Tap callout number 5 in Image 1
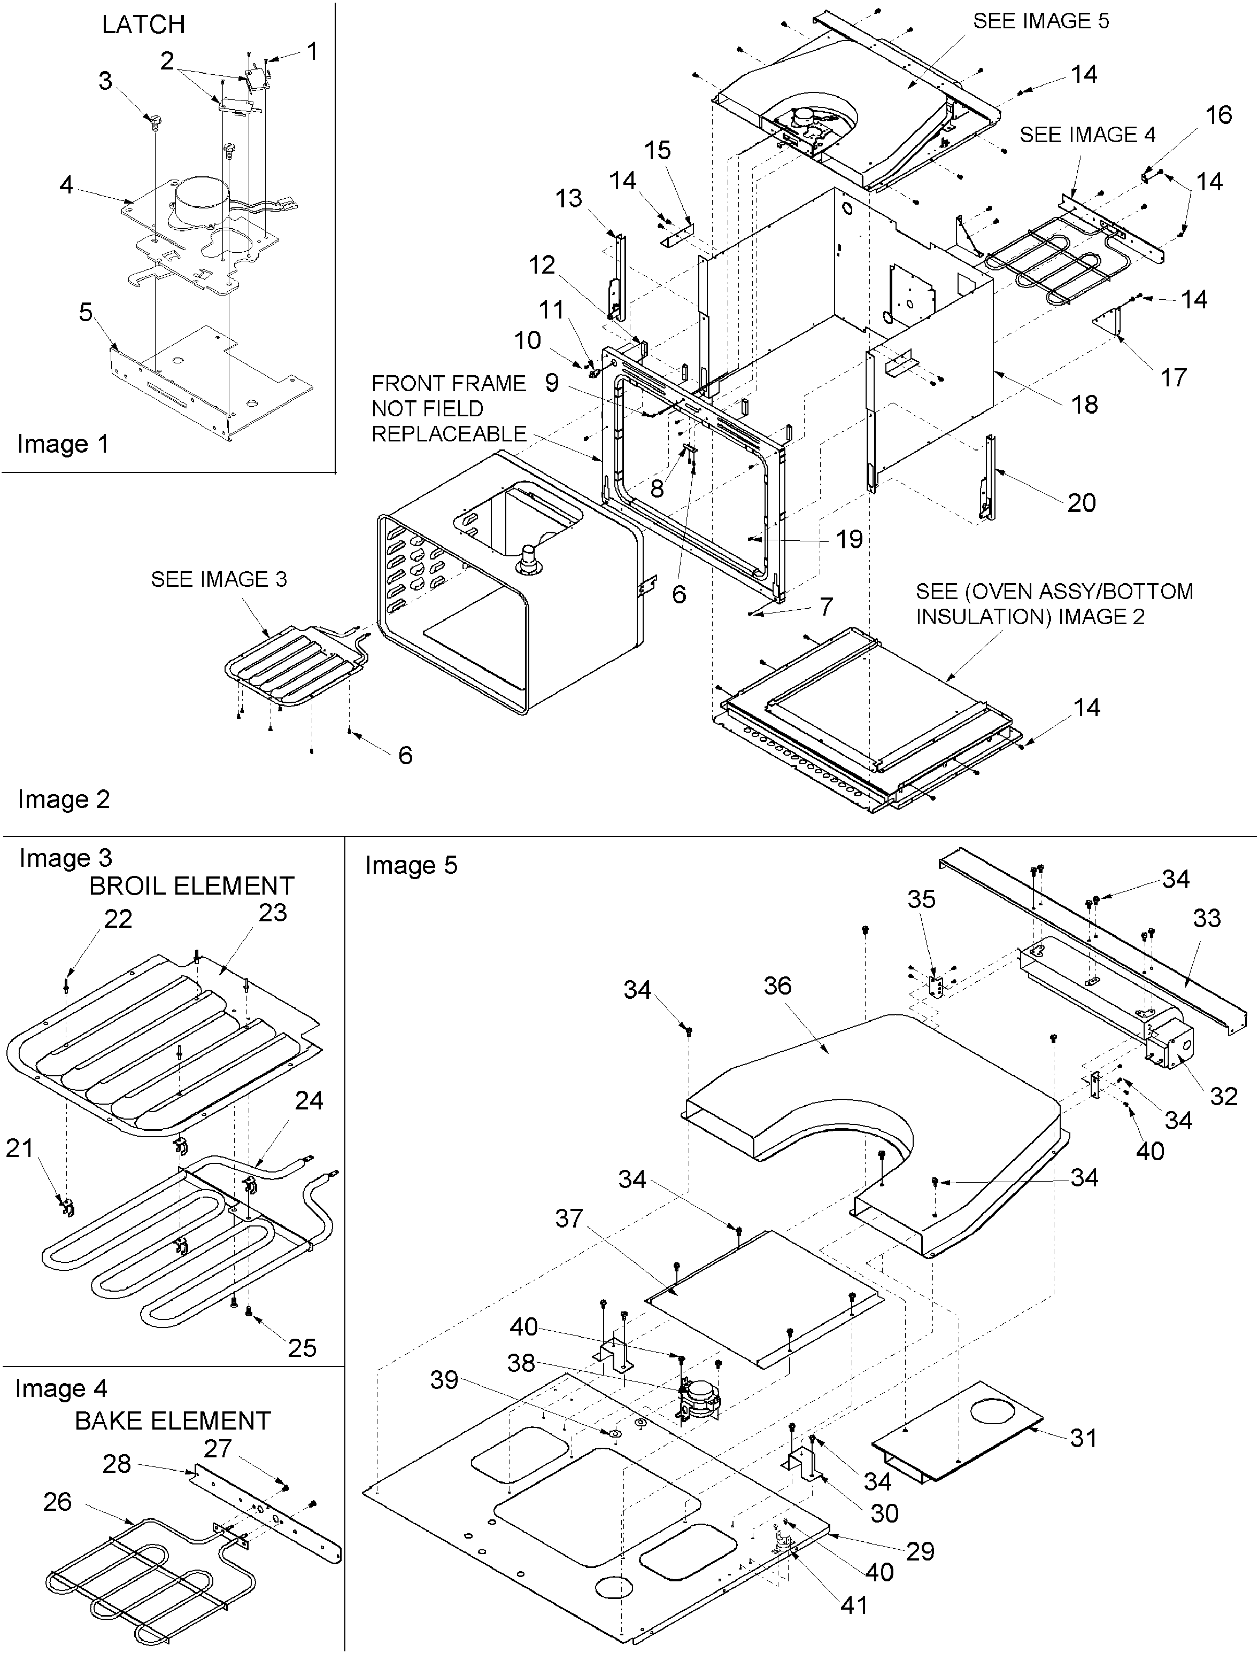click(85, 312)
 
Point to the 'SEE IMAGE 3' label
click(218, 579)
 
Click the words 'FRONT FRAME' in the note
click(448, 384)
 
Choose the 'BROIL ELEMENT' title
click(191, 886)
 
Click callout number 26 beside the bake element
click(58, 1501)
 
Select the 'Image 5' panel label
click(411, 865)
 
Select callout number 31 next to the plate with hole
click(1084, 1438)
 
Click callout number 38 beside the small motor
click(521, 1363)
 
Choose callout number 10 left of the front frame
click(528, 340)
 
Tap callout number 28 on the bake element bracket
click(117, 1463)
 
